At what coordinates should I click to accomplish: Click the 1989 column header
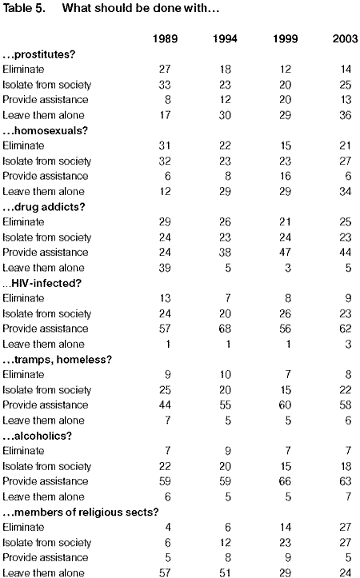coord(165,38)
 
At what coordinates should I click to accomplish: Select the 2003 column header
coord(346,38)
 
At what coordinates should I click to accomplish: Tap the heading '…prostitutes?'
coord(39,54)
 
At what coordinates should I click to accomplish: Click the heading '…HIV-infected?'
coord(42,283)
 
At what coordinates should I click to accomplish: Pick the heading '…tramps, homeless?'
coord(57,360)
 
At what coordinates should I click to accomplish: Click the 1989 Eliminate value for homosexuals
coord(165,145)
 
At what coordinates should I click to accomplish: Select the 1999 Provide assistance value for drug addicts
coord(285,252)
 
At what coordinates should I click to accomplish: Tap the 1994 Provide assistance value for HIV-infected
coord(225,329)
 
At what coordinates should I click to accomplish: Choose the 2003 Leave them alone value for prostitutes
coord(346,115)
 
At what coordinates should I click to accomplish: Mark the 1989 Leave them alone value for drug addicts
coord(165,268)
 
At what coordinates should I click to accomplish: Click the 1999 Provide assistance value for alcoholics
coord(285,481)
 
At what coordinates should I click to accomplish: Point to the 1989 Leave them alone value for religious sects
coord(165,572)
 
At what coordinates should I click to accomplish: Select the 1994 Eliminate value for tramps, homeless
coord(225,374)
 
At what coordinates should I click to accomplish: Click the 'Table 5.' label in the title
coord(24,8)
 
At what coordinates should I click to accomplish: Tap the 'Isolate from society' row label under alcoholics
coord(47,466)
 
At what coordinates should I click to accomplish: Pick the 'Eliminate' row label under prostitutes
coord(23,70)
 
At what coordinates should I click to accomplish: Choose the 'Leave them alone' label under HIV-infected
coord(43,344)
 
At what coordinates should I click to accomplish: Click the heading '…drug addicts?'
coord(44,207)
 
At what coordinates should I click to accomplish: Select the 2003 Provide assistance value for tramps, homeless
coord(346,405)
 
